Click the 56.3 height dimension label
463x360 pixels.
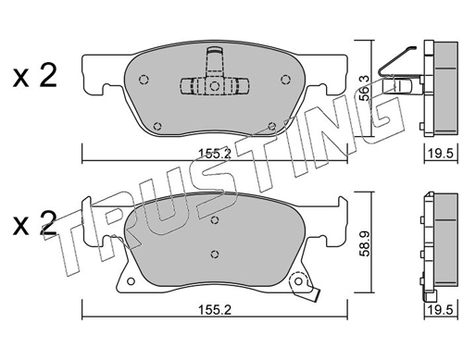365,88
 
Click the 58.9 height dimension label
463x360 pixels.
365,243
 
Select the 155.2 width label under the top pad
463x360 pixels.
215,154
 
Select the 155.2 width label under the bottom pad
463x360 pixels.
215,310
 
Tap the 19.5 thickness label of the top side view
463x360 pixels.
441,153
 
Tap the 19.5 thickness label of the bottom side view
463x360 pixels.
441,309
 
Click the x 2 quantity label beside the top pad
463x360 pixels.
35,75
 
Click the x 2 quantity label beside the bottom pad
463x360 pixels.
35,223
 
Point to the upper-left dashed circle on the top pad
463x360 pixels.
144,80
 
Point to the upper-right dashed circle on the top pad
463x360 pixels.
286,80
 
